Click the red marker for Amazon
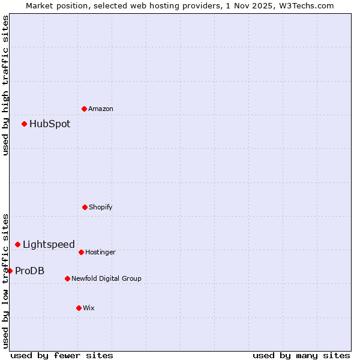coord(85,109)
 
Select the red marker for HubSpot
coord(25,124)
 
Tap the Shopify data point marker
coord(85,207)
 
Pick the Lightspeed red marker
coord(18,244)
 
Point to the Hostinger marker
coord(81,252)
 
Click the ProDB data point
coord(10,271)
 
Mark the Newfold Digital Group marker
coord(67,278)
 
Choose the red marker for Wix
coord(79,308)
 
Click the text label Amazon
coord(101,109)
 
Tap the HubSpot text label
coord(50,124)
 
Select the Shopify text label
coord(101,208)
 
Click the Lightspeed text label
coord(49,245)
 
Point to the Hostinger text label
coord(100,253)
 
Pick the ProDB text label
coord(30,271)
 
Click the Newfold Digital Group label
coord(106,279)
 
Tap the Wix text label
coord(89,308)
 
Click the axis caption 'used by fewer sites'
coord(62,356)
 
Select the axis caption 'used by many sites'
coord(301,356)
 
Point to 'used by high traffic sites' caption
coord(5,85)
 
